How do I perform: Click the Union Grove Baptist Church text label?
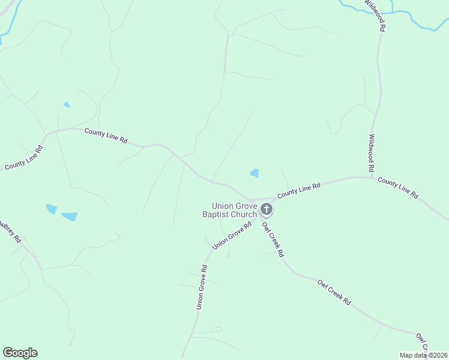pos(230,210)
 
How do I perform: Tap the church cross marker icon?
pos(267,209)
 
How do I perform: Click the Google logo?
pos(20,353)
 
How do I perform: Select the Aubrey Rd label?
pos(10,227)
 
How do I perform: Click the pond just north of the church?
pos(255,173)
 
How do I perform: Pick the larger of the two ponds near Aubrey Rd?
pos(70,216)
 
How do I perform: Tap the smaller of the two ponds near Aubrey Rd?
pos(51,209)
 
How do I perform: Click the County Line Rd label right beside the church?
pos(298,191)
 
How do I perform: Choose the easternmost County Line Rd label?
pos(398,188)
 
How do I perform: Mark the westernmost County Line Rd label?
pos(23,158)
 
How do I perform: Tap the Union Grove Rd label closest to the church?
pos(231,236)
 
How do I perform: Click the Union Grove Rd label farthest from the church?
pos(202,287)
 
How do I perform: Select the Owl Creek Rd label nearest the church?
pos(273,239)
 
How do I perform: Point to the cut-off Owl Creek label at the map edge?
pos(423,343)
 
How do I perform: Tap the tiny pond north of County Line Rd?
pos(67,105)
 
